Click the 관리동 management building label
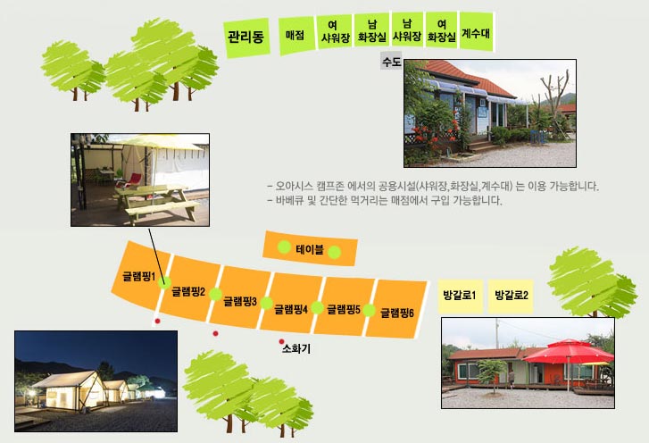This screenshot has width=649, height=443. click(x=246, y=38)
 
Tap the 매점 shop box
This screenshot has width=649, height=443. click(x=296, y=35)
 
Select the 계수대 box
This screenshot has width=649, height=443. click(x=477, y=32)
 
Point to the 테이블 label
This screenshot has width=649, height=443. click(x=310, y=249)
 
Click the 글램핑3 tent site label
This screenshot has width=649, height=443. click(x=240, y=301)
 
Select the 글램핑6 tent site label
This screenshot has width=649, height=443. click(x=397, y=313)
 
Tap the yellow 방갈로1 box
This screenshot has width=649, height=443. click(x=461, y=296)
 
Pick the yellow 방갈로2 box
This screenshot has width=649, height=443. click(x=511, y=296)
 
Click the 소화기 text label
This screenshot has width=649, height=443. click(x=296, y=348)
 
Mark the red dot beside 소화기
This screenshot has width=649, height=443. click(x=281, y=341)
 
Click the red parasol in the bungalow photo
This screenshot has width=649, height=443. click(x=569, y=352)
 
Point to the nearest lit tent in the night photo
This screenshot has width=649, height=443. click(x=71, y=390)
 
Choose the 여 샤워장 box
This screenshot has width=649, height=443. click(x=336, y=32)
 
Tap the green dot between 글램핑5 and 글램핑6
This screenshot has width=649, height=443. click(x=369, y=310)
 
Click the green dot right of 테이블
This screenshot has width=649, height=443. click(x=335, y=252)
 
